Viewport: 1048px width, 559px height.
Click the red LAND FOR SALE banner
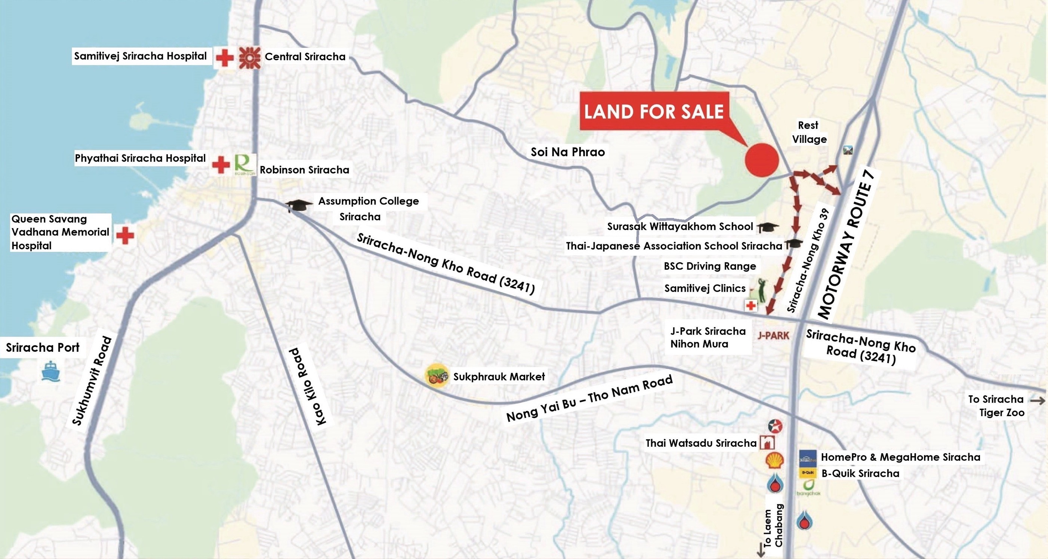(x=654, y=111)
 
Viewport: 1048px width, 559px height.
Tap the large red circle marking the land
(x=762, y=160)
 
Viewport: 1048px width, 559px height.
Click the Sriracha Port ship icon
(x=51, y=371)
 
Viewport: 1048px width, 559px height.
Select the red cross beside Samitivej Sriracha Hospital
(x=224, y=58)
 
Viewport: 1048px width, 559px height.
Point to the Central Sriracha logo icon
(x=249, y=58)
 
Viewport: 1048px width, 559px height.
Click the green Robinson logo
(x=245, y=165)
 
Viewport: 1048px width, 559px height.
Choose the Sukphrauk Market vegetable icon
(x=437, y=376)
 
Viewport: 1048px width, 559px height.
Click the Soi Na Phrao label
(x=567, y=152)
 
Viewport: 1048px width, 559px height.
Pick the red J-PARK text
(x=773, y=335)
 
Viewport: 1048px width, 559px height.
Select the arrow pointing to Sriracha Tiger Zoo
(x=1037, y=400)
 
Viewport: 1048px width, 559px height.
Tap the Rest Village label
(x=809, y=132)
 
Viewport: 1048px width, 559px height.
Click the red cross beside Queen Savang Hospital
(x=125, y=235)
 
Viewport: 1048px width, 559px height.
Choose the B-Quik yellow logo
(x=808, y=473)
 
